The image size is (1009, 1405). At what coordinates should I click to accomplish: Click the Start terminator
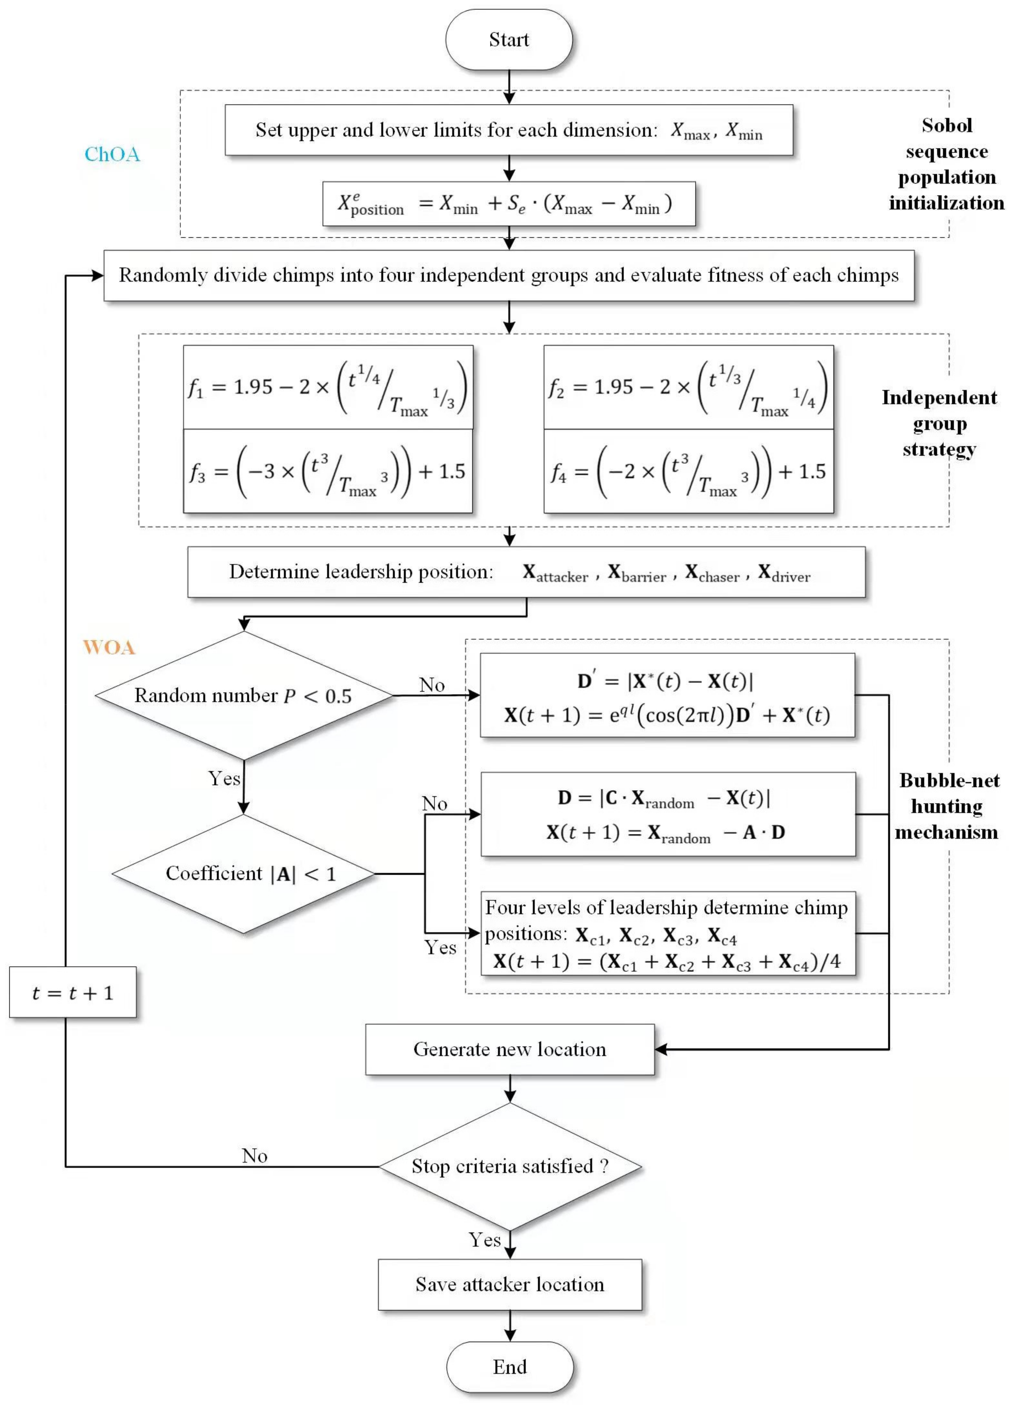tap(509, 40)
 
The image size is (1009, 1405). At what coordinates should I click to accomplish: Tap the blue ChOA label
tap(112, 154)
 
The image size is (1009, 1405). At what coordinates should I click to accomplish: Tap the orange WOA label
tap(109, 647)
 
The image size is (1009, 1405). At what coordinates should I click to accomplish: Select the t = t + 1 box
tap(72, 993)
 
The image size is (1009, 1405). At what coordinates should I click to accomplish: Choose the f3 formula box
tap(328, 471)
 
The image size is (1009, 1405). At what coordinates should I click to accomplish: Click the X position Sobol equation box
tap(509, 204)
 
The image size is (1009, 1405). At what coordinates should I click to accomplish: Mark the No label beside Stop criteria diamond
tap(255, 1156)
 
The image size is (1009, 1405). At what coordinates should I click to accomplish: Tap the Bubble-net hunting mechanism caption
tap(948, 806)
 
